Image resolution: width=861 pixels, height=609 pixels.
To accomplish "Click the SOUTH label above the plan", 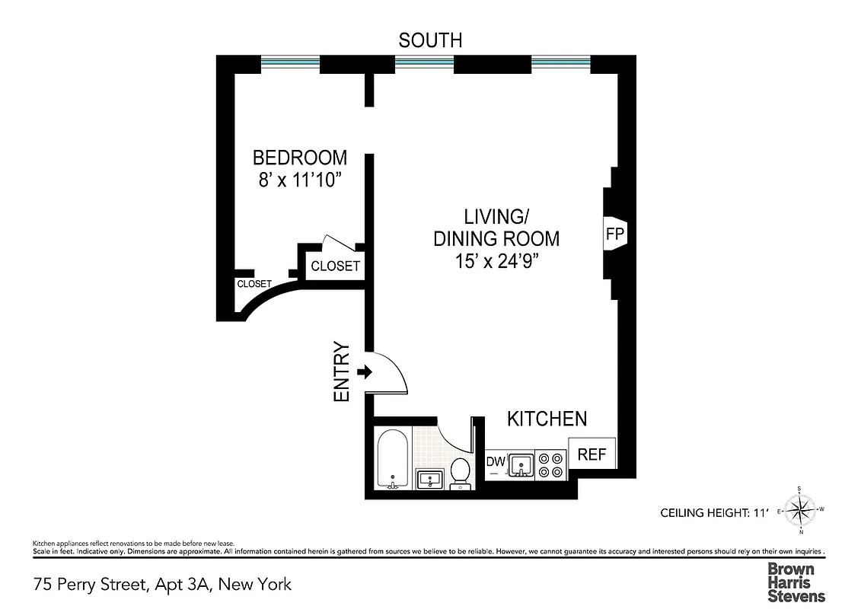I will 430,40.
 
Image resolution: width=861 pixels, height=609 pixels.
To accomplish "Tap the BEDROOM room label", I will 299,158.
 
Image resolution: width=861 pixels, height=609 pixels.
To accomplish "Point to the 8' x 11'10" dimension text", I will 299,181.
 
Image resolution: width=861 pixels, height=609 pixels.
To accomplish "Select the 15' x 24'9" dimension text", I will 496,260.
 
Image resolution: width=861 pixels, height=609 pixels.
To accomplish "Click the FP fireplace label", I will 614,234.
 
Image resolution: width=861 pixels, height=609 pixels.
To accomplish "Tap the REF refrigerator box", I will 592,454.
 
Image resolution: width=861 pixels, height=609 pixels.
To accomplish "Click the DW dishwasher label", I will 496,461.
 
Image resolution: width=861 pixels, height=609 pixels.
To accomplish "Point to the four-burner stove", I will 551,465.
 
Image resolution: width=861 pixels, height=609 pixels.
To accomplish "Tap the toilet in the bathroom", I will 461,471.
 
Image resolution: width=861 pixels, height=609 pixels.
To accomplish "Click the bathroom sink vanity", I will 430,480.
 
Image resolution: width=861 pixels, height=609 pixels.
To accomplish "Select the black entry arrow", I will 363,372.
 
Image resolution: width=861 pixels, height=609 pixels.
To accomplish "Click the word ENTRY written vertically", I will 342,372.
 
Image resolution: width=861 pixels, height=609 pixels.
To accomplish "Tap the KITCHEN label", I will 547,419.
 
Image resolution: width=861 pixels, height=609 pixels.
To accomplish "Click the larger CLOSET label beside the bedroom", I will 335,266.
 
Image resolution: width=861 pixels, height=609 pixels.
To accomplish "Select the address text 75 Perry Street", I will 162,585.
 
